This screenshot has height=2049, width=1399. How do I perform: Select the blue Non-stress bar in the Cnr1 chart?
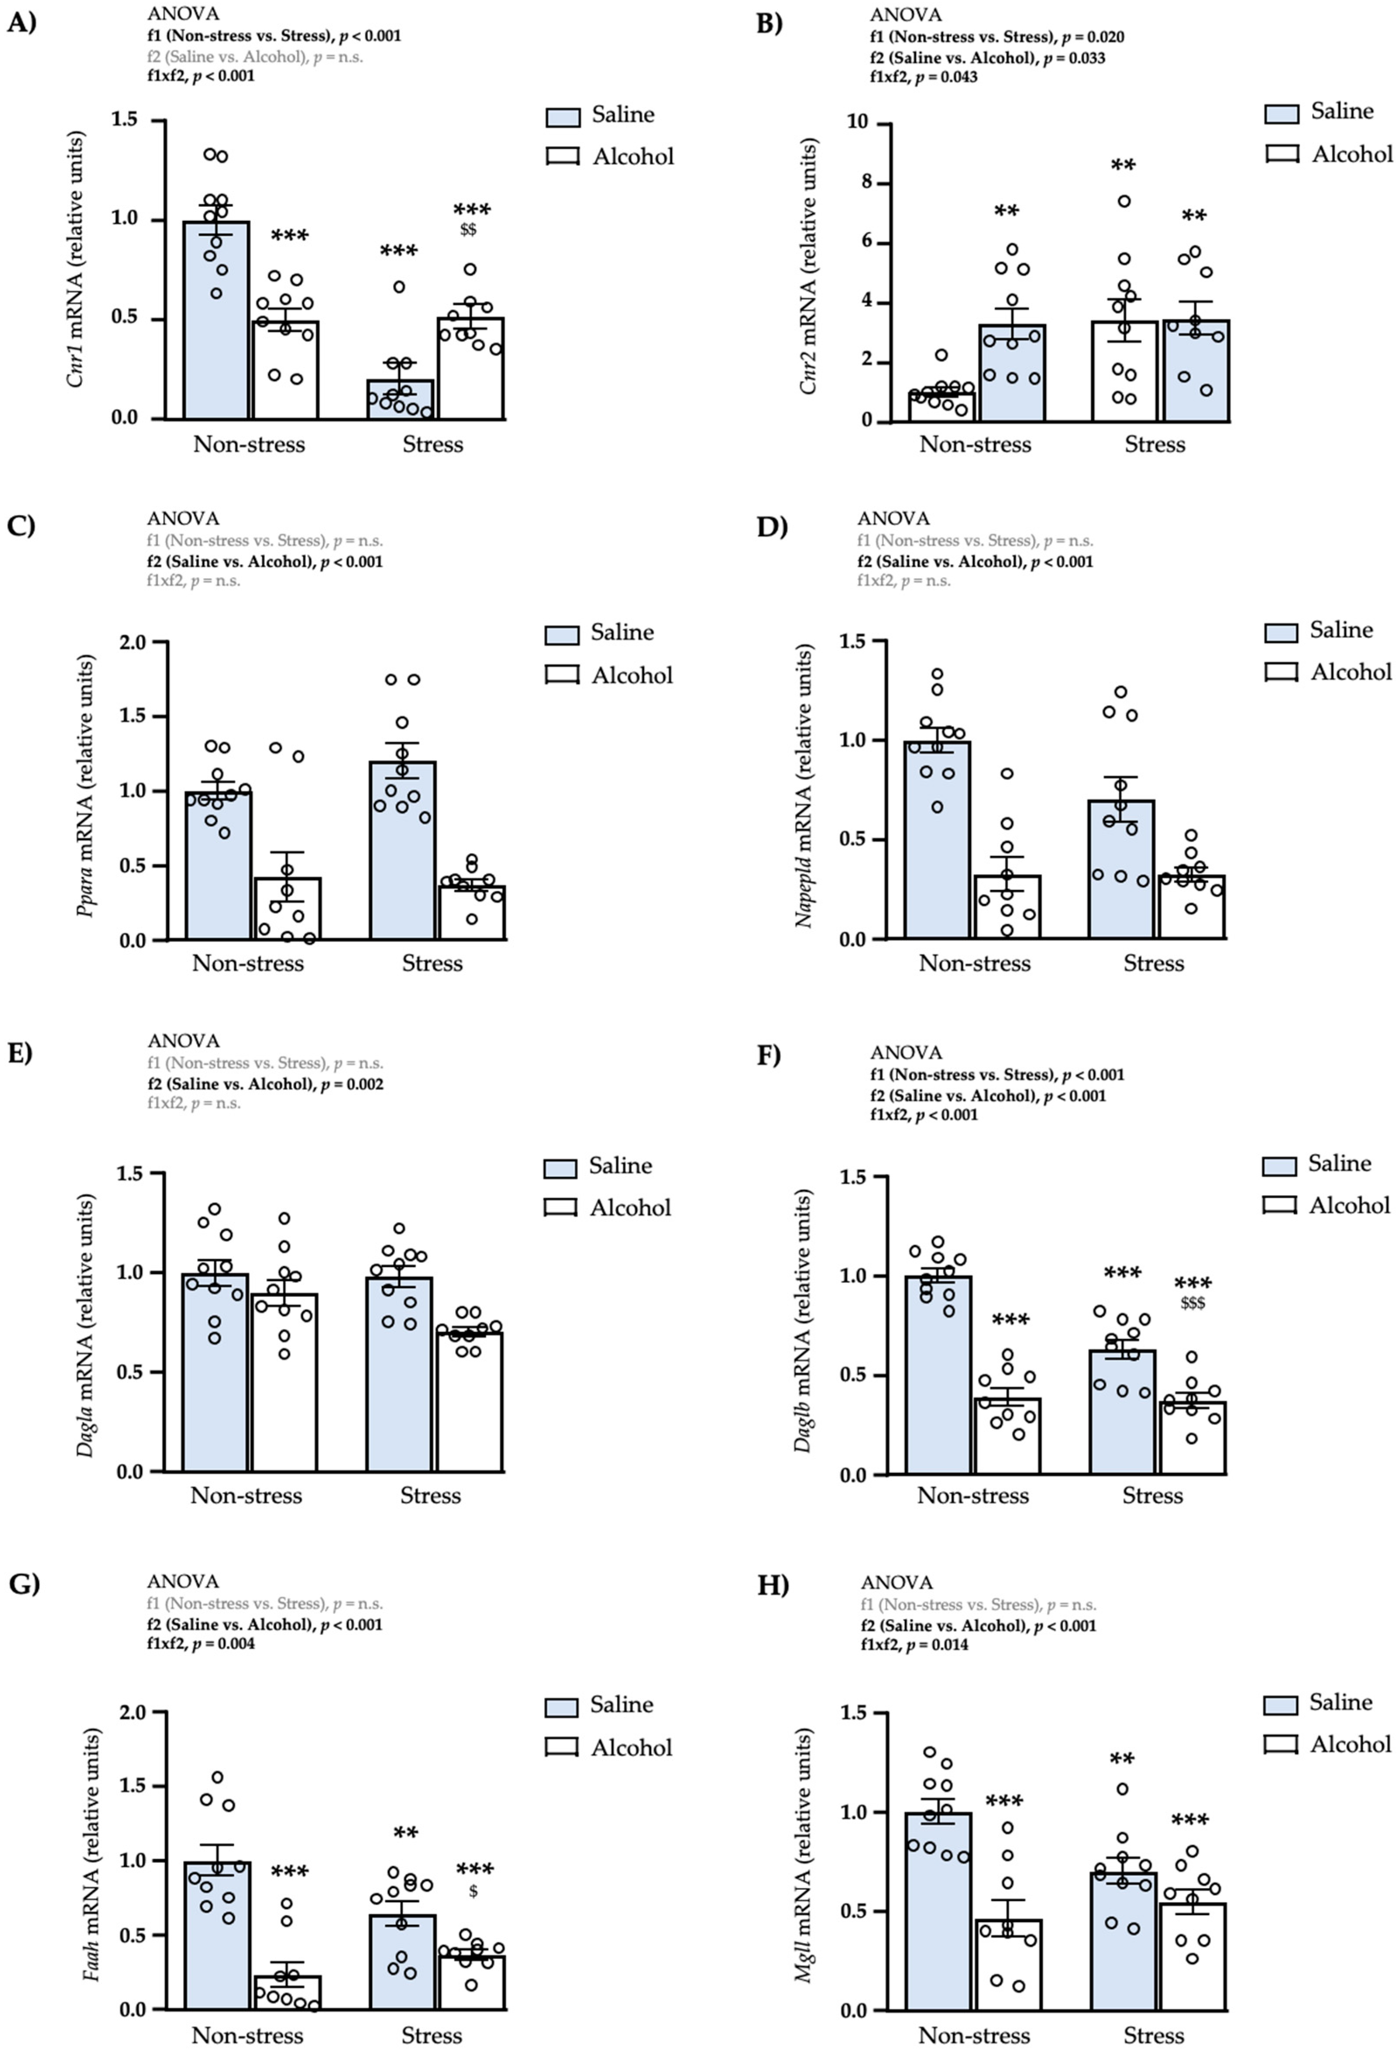click(x=216, y=335)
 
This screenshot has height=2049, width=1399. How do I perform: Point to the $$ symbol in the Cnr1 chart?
click(x=468, y=230)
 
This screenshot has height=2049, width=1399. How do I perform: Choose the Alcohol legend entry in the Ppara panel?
click(x=608, y=675)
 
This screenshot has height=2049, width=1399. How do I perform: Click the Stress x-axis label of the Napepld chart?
click(x=1153, y=963)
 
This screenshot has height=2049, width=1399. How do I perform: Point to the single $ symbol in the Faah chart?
click(x=473, y=1891)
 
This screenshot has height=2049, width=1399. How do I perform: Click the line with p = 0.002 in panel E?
click(x=264, y=1084)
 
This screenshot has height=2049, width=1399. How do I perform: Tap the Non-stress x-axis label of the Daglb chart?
click(x=972, y=1495)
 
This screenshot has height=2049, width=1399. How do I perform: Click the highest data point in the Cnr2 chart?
click(x=1124, y=201)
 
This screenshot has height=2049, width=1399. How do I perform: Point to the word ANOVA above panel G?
click(x=182, y=1582)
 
